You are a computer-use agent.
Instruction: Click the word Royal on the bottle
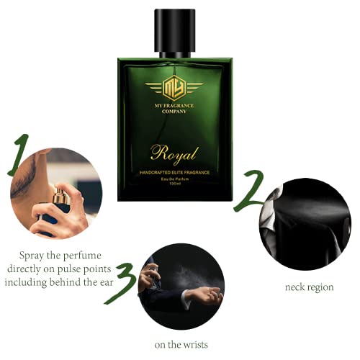tap(175, 153)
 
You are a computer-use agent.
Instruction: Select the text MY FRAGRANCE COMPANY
tap(174, 114)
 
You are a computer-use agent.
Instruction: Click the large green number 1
tap(20, 156)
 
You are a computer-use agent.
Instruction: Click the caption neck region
tap(309, 287)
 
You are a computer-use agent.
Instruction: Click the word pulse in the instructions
tap(81, 268)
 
